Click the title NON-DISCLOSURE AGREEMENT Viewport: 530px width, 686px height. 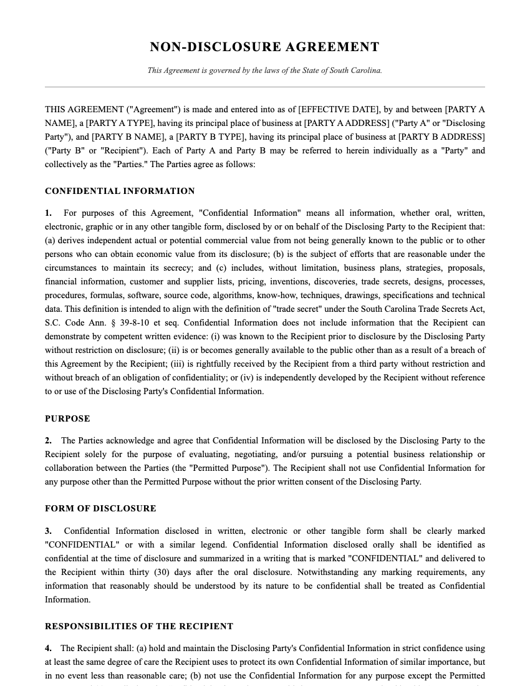coord(264,47)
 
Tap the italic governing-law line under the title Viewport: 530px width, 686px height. coord(264,70)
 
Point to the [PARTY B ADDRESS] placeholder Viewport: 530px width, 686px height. coord(441,137)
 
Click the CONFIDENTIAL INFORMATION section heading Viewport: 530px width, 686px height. coord(120,191)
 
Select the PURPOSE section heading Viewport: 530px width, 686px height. coord(67,418)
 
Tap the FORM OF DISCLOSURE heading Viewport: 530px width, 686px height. coord(100,508)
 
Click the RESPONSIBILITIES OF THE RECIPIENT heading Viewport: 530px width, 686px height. coord(139,626)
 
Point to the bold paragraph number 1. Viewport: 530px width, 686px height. coord(48,213)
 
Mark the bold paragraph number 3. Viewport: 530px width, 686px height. coord(48,531)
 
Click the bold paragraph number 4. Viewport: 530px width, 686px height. coord(48,649)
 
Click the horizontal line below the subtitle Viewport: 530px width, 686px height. coord(264,87)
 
